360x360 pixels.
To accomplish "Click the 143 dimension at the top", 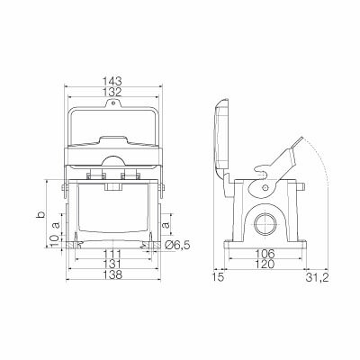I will [x=112, y=80].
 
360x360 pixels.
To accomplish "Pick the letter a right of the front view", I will [x=167, y=226].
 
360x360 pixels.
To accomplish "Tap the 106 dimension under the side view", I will [x=264, y=255].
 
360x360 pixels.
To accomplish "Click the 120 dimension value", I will [x=264, y=266].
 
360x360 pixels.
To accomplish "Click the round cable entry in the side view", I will [x=265, y=221].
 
